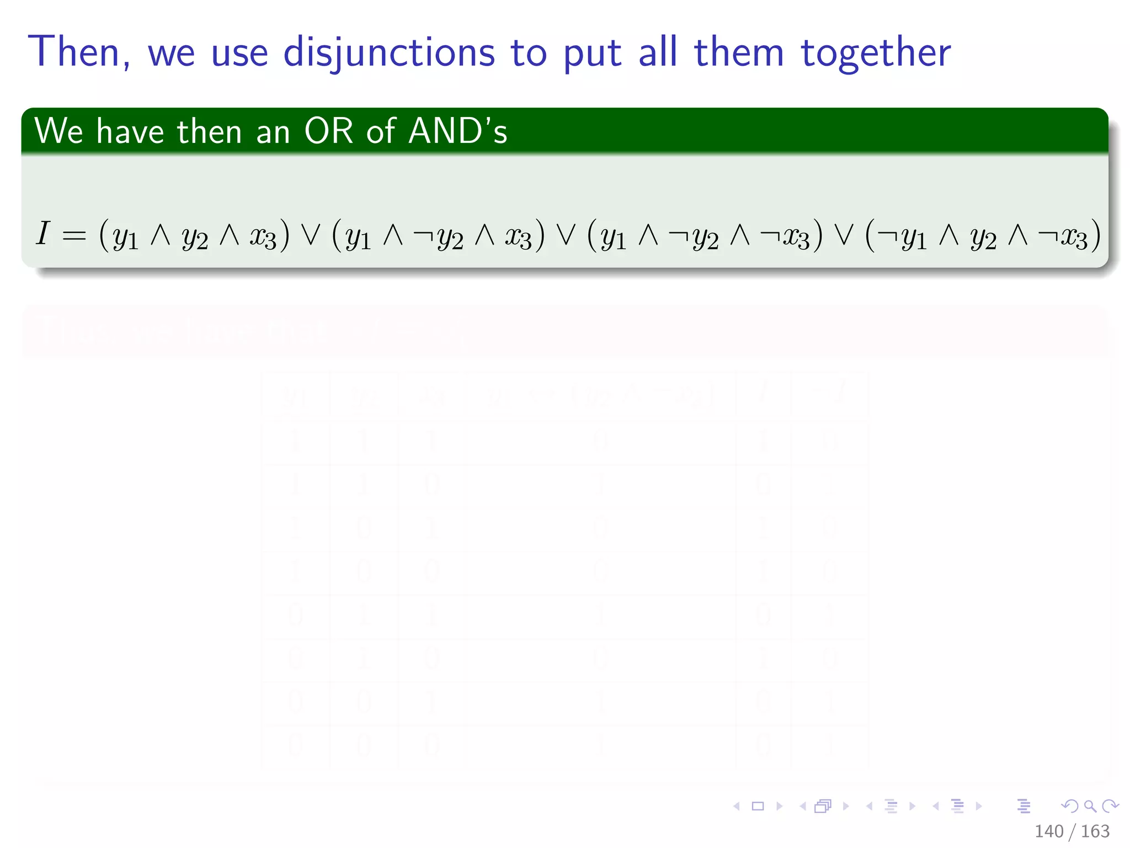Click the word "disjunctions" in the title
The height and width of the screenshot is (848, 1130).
pyautogui.click(x=389, y=52)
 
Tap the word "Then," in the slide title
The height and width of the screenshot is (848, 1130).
pyautogui.click(x=80, y=52)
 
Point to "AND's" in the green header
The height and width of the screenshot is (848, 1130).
pyautogui.click(x=457, y=131)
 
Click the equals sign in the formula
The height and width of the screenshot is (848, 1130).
pyautogui.click(x=74, y=236)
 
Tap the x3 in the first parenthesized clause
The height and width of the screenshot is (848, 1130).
pyautogui.click(x=263, y=236)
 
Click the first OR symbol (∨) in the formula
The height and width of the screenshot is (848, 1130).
pyautogui.click(x=311, y=235)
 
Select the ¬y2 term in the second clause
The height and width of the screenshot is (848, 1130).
pyautogui.click(x=438, y=237)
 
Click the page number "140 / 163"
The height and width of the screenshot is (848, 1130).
pyautogui.click(x=1072, y=831)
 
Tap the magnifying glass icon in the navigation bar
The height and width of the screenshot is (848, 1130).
pyautogui.click(x=1090, y=806)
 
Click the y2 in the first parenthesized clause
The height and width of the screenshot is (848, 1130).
pyautogui.click(x=195, y=237)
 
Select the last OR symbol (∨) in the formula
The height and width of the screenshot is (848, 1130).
pyautogui.click(x=844, y=235)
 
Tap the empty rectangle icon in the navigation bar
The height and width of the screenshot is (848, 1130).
pyautogui.click(x=758, y=806)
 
